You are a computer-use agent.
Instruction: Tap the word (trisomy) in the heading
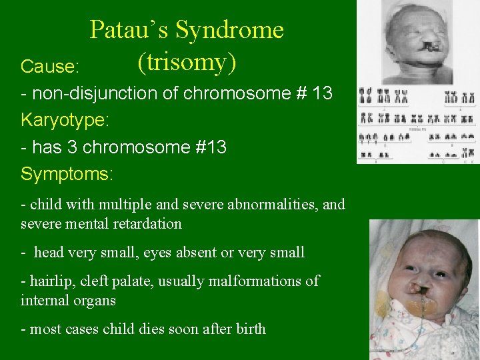(187, 62)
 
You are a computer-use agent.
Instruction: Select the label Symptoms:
(67, 174)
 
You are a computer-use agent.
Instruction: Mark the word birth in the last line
(249, 329)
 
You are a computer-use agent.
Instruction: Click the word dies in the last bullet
(153, 329)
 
